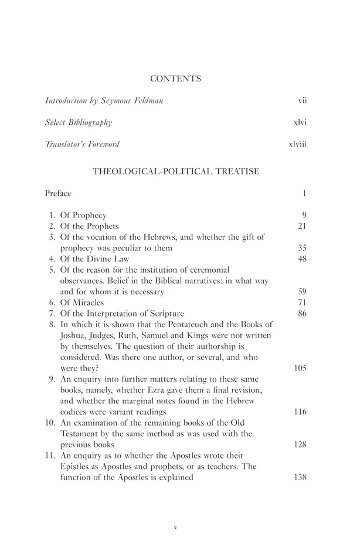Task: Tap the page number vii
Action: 303,101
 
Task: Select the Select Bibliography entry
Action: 79,123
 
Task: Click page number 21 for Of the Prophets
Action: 303,226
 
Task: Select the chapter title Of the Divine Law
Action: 94,259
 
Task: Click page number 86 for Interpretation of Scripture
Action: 303,313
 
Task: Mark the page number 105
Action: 300,368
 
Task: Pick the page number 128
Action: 300,444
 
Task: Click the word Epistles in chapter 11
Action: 77,466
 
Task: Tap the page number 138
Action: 300,477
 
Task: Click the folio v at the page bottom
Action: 176,527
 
